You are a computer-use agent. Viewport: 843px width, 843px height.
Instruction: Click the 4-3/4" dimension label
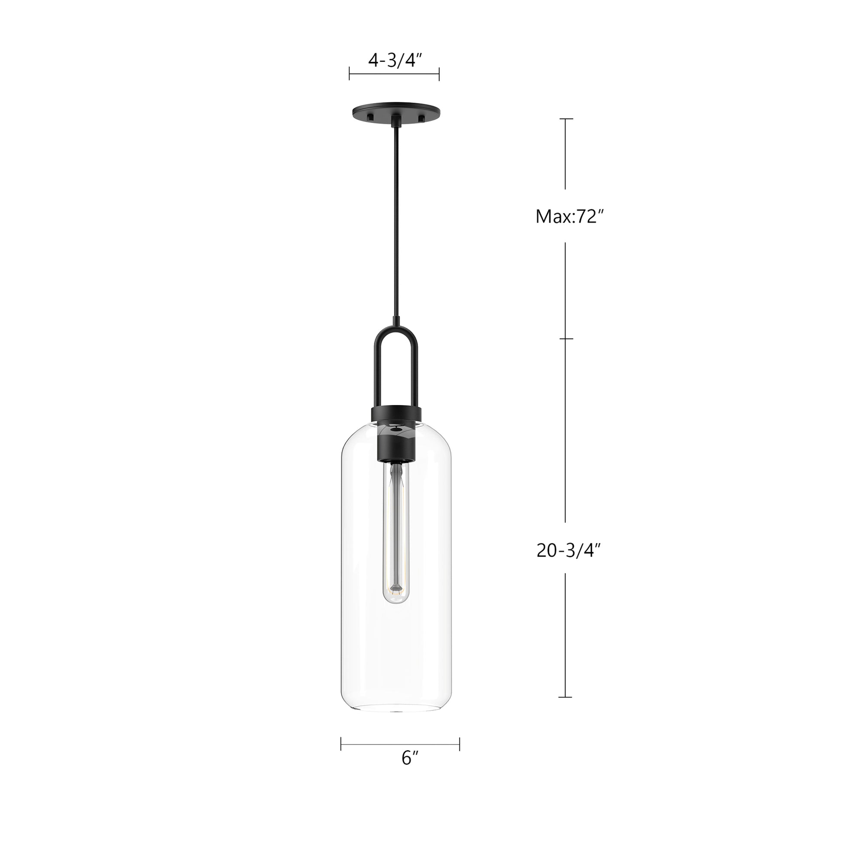394,61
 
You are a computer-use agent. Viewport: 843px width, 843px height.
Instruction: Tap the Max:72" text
566,217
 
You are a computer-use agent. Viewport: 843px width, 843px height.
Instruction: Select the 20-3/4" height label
566,551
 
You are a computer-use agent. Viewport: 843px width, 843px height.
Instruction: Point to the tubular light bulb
396,532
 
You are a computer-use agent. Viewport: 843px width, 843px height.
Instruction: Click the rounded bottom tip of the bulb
396,601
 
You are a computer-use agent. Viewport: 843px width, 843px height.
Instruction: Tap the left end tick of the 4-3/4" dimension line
350,74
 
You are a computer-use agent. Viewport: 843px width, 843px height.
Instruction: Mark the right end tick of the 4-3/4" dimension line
439,74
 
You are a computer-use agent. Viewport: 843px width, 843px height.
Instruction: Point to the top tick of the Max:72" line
566,119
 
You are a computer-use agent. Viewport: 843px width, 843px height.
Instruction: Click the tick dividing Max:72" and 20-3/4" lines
566,339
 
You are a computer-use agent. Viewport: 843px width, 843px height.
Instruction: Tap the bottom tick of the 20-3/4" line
566,710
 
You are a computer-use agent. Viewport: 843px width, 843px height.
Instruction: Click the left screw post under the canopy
370,117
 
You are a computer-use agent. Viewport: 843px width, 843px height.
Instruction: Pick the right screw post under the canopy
421,117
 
